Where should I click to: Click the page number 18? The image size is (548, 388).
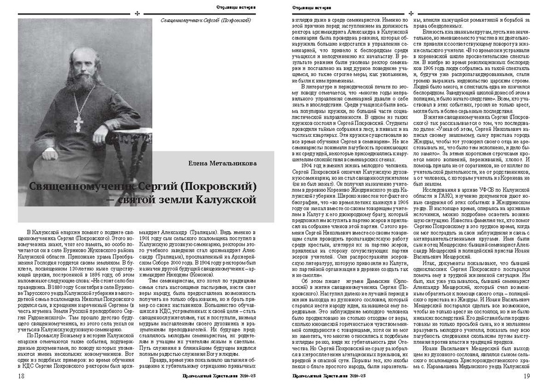coord(20,376)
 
